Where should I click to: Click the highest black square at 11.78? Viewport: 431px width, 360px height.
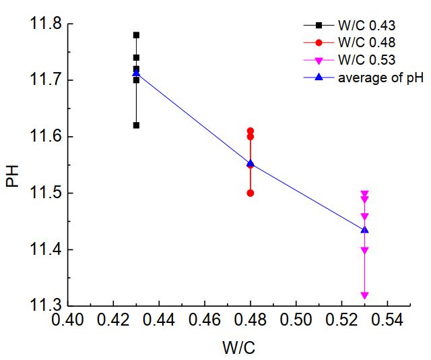click(x=136, y=35)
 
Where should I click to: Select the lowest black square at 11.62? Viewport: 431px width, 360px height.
click(x=136, y=125)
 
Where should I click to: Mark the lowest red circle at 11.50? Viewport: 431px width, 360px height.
click(x=251, y=193)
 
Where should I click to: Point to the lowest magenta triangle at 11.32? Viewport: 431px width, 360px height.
click(x=364, y=295)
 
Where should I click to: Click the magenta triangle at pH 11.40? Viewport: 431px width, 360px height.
click(x=364, y=250)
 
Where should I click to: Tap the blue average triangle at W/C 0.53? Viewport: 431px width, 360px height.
click(x=364, y=230)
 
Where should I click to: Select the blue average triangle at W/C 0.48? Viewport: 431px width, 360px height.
click(x=251, y=163)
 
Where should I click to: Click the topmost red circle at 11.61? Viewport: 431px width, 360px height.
click(x=251, y=131)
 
